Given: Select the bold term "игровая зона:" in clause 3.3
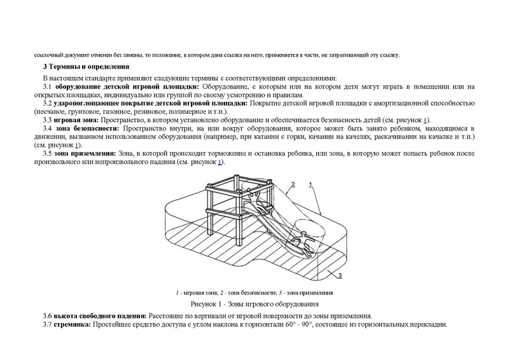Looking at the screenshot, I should [x=75, y=120].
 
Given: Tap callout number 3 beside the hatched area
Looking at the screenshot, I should [x=340, y=275].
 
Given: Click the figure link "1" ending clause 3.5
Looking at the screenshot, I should [x=220, y=162].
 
